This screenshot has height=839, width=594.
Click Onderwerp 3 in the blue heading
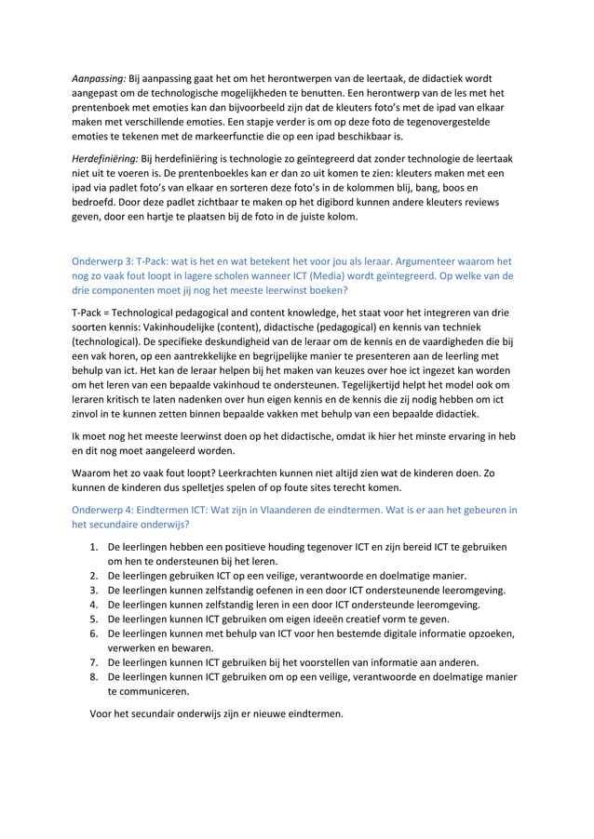103,261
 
